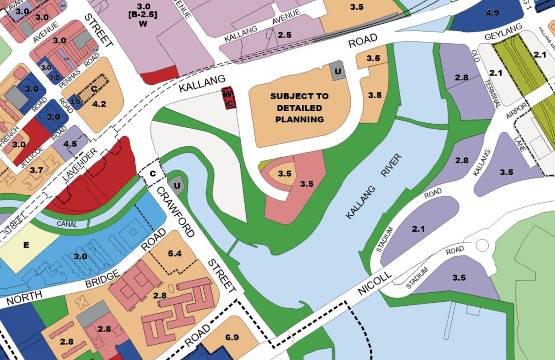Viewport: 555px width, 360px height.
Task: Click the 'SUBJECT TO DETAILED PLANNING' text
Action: (x=299, y=108)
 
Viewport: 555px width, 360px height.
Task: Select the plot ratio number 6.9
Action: (x=232, y=337)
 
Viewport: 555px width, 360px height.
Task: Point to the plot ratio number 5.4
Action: (x=174, y=254)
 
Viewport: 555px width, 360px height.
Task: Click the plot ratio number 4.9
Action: (x=492, y=13)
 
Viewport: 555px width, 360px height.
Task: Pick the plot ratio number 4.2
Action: (x=99, y=104)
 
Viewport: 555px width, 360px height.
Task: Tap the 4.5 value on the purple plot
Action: (x=70, y=144)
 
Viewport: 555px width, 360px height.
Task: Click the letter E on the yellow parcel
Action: (x=26, y=245)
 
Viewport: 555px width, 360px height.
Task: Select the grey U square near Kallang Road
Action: (x=338, y=71)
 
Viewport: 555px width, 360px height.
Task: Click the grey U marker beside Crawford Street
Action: (x=177, y=186)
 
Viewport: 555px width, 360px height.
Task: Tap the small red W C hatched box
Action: (x=229, y=98)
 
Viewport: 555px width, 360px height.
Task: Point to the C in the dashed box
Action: (x=152, y=174)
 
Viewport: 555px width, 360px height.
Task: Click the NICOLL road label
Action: (x=375, y=283)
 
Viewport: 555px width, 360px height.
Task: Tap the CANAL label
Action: (x=67, y=224)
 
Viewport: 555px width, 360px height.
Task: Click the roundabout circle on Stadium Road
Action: (x=482, y=245)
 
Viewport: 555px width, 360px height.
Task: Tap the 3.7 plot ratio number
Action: (x=36, y=170)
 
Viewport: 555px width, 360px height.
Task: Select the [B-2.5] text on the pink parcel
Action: (x=143, y=15)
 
